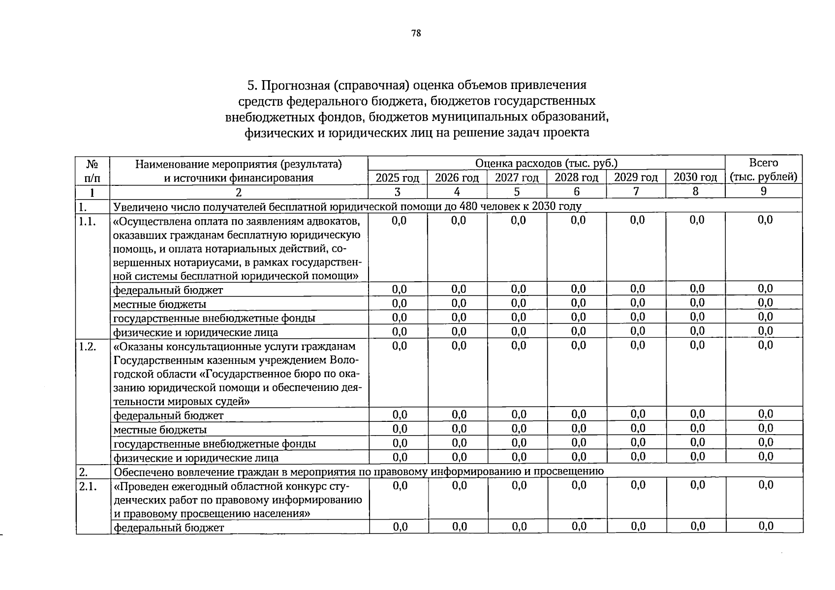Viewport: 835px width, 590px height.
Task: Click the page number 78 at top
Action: (x=416, y=33)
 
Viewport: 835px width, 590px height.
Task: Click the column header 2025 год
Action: (x=398, y=177)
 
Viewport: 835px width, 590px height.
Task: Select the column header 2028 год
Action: (x=576, y=177)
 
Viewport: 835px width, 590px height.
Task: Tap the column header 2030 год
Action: (x=695, y=177)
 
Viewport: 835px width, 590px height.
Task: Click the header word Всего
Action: (x=763, y=163)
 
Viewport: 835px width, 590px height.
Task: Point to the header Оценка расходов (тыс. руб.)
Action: (x=546, y=163)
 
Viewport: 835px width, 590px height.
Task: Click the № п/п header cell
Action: (x=92, y=170)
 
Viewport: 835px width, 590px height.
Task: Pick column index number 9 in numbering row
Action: (x=763, y=191)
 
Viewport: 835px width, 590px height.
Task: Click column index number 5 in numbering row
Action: (x=517, y=192)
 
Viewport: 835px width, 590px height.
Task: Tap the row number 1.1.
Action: (x=87, y=221)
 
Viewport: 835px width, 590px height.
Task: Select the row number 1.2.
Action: (x=87, y=346)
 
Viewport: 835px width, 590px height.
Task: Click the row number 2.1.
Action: (x=87, y=486)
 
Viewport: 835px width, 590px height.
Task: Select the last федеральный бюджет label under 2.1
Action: (x=168, y=528)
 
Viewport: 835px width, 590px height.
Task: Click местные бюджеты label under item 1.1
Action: (x=160, y=304)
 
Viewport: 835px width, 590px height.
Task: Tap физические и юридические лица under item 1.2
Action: (x=196, y=458)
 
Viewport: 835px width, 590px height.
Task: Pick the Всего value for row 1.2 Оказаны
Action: (x=766, y=346)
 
